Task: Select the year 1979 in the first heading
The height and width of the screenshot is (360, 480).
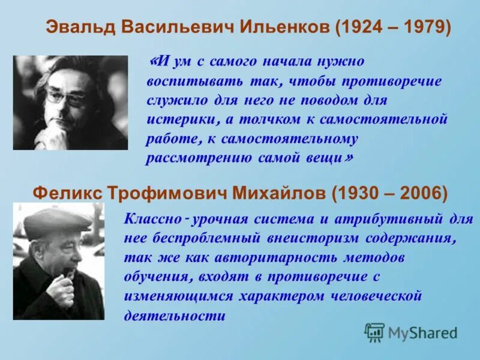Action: point(422,28)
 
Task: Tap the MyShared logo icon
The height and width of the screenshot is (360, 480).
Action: point(374,332)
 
